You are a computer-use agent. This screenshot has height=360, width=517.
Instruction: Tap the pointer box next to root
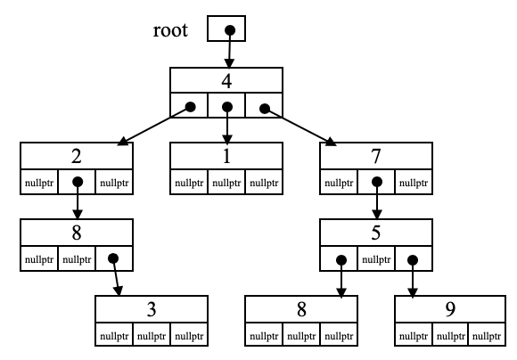[x=226, y=29]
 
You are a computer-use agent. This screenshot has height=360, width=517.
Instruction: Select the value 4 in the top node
[x=226, y=81]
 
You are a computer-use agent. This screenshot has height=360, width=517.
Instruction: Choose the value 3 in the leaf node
[x=152, y=310]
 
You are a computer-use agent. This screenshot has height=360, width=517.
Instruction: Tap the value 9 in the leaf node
[x=451, y=310]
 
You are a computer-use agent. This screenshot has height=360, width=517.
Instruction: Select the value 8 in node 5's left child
[x=301, y=310]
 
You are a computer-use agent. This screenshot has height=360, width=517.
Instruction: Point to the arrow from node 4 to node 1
[x=227, y=125]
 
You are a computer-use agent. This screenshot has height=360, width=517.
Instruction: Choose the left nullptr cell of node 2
[x=39, y=184]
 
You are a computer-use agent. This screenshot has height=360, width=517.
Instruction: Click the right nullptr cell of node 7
[x=414, y=184]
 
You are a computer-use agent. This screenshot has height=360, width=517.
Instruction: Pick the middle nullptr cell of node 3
[x=152, y=336]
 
